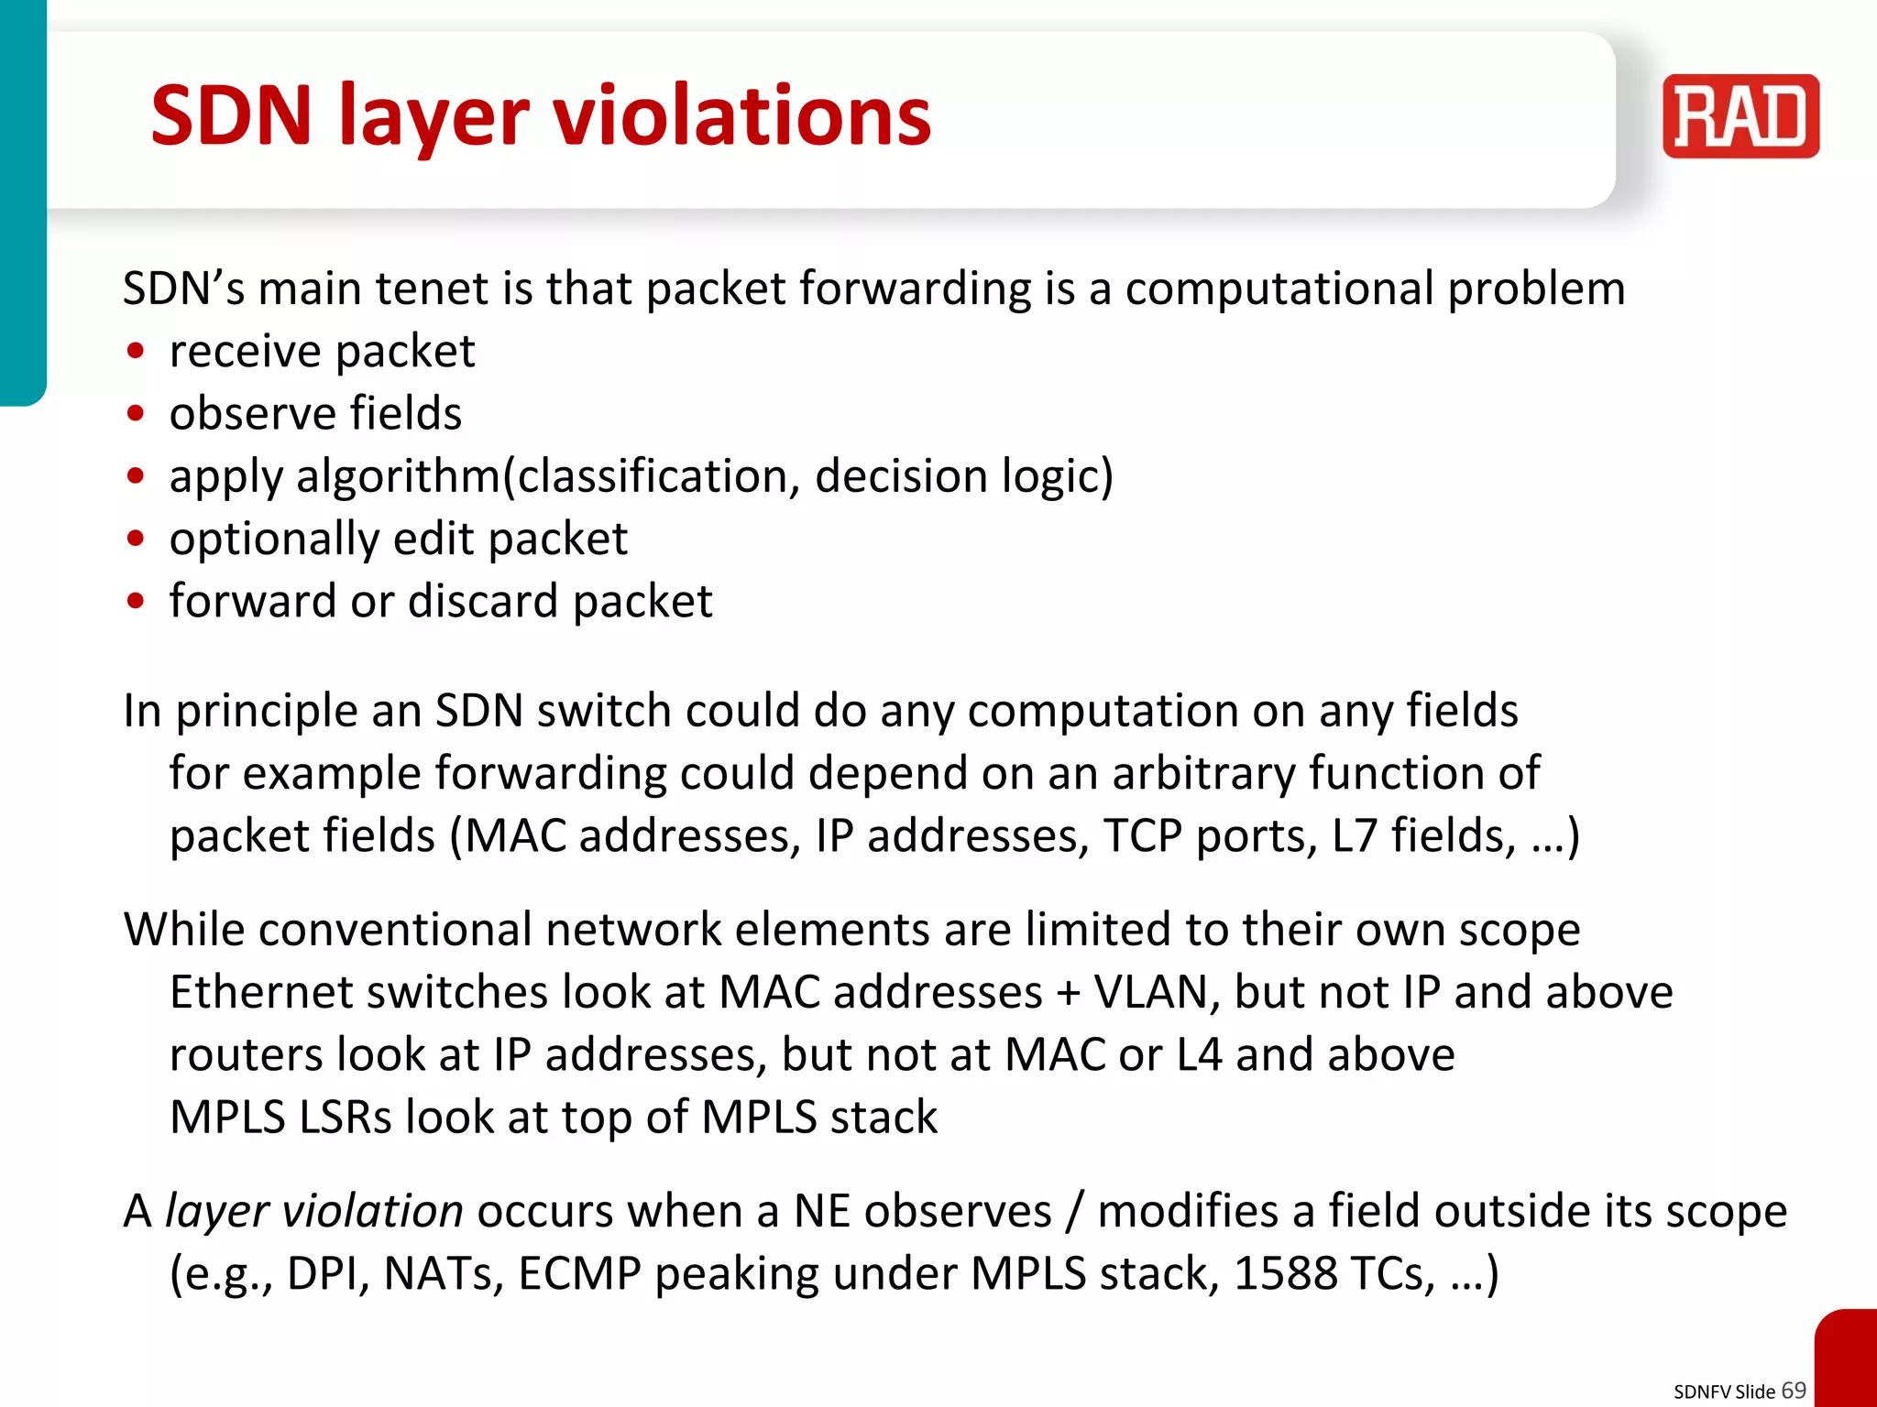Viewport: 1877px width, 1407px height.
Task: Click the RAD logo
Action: (x=1740, y=116)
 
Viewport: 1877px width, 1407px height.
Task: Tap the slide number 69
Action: (x=1793, y=1390)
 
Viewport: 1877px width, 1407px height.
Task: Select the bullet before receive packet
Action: (x=137, y=352)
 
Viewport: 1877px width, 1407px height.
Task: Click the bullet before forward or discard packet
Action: (x=137, y=602)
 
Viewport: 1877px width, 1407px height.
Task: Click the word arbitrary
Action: (x=1203, y=773)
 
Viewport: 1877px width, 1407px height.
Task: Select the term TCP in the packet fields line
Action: (x=1142, y=835)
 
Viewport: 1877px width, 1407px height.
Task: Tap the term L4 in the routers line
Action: (x=1198, y=1054)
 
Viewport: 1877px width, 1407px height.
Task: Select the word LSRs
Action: (x=346, y=1118)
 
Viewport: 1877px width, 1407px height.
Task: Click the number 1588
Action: (x=1285, y=1273)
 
